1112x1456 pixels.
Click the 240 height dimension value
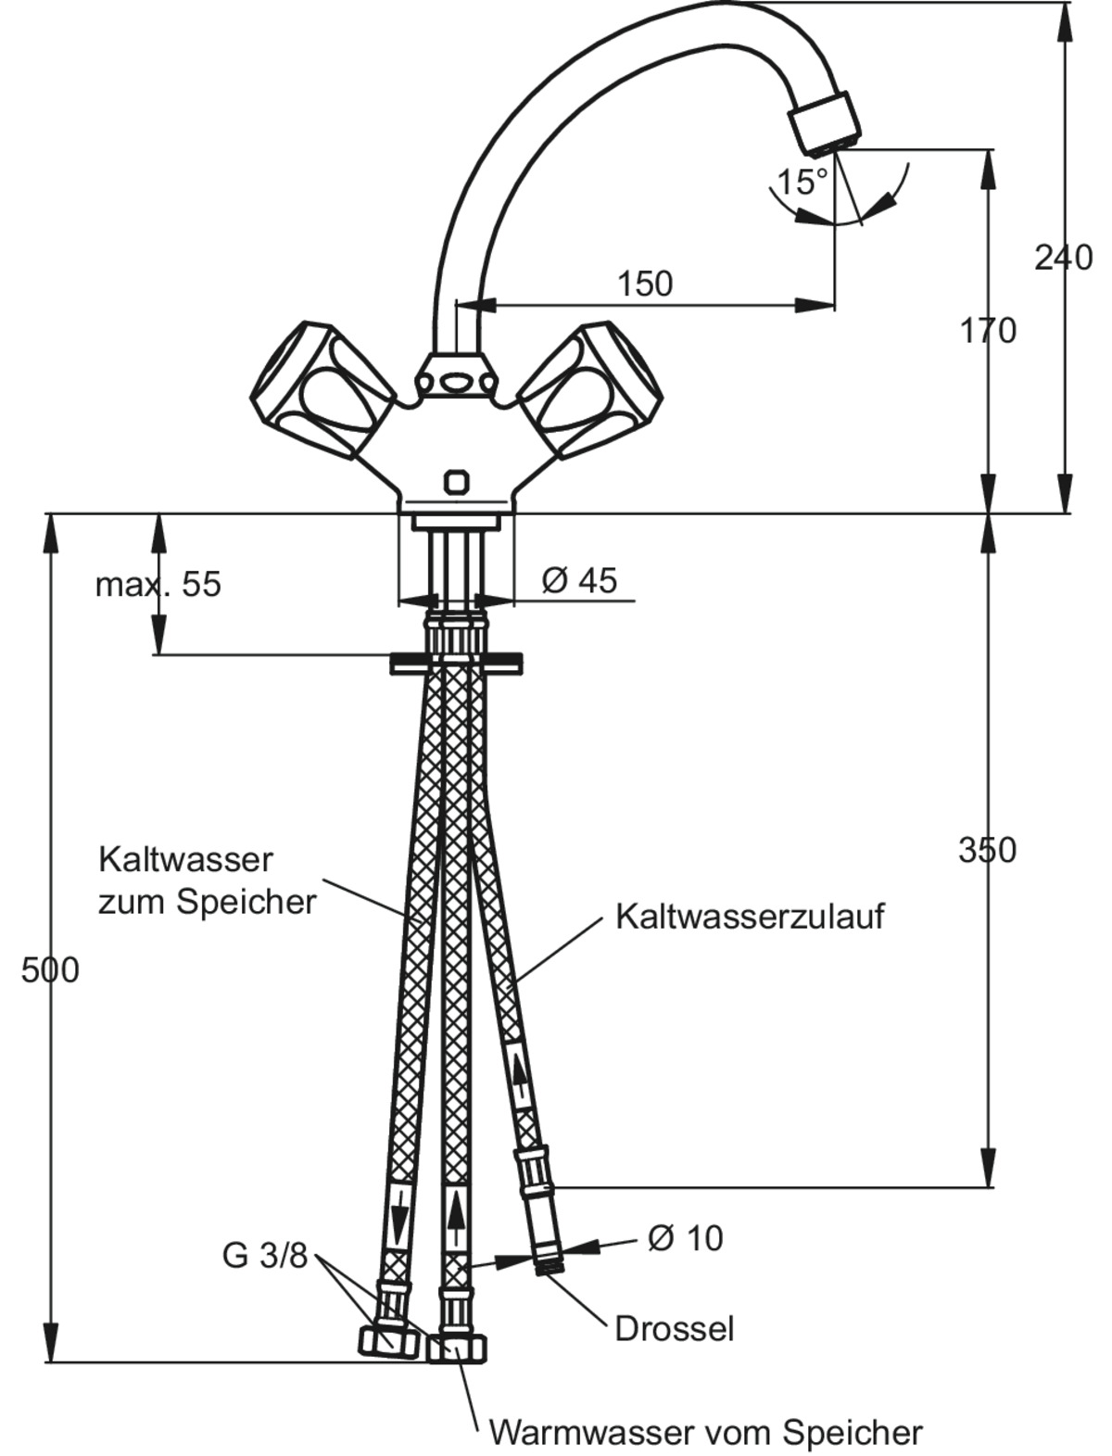1063,258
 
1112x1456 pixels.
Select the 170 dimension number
987,330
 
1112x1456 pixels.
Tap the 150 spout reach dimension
645,284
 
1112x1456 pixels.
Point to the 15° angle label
802,181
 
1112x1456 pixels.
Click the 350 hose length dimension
987,851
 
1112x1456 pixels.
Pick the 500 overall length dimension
50,969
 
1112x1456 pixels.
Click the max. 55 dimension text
158,585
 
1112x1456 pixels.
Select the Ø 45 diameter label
579,580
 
